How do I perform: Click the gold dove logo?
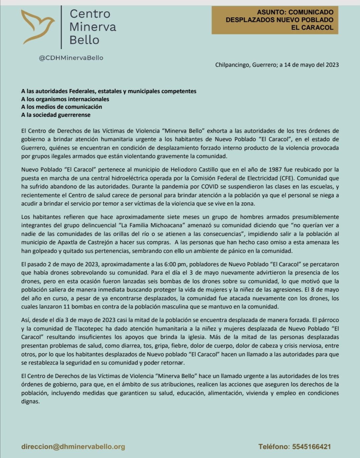[x=38, y=27]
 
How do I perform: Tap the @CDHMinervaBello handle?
[x=71, y=58]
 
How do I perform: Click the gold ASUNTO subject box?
[x=275, y=20]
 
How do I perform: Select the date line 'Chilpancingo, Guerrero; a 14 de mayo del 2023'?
[x=277, y=65]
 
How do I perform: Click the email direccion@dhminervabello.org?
[x=73, y=447]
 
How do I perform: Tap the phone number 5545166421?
[x=311, y=447]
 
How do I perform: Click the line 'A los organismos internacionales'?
[x=65, y=99]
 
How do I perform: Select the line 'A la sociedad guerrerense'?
[x=56, y=115]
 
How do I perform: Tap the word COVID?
[x=211, y=186]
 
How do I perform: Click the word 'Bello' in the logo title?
[x=84, y=40]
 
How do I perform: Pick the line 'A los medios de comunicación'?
[x=61, y=107]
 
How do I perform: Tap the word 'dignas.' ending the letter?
[x=30, y=401]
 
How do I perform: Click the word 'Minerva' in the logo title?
[x=93, y=27]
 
